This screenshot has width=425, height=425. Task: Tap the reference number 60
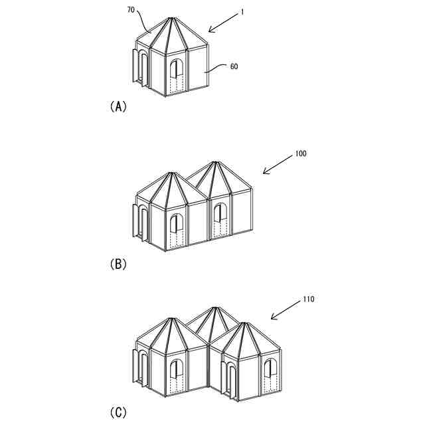(233, 67)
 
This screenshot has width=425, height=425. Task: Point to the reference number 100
(300, 153)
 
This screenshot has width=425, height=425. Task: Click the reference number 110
(308, 299)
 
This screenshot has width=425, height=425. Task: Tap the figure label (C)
(118, 412)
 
